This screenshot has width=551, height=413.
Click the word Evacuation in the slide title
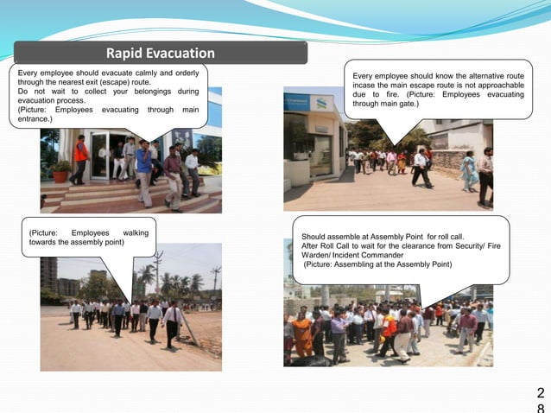click(180, 54)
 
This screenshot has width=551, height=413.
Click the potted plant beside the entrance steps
click(60, 170)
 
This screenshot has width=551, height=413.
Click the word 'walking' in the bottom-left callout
click(136, 233)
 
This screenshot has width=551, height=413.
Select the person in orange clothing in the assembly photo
click(303, 333)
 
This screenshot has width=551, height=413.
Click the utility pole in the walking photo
click(157, 273)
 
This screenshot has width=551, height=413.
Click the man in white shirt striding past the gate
click(421, 168)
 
